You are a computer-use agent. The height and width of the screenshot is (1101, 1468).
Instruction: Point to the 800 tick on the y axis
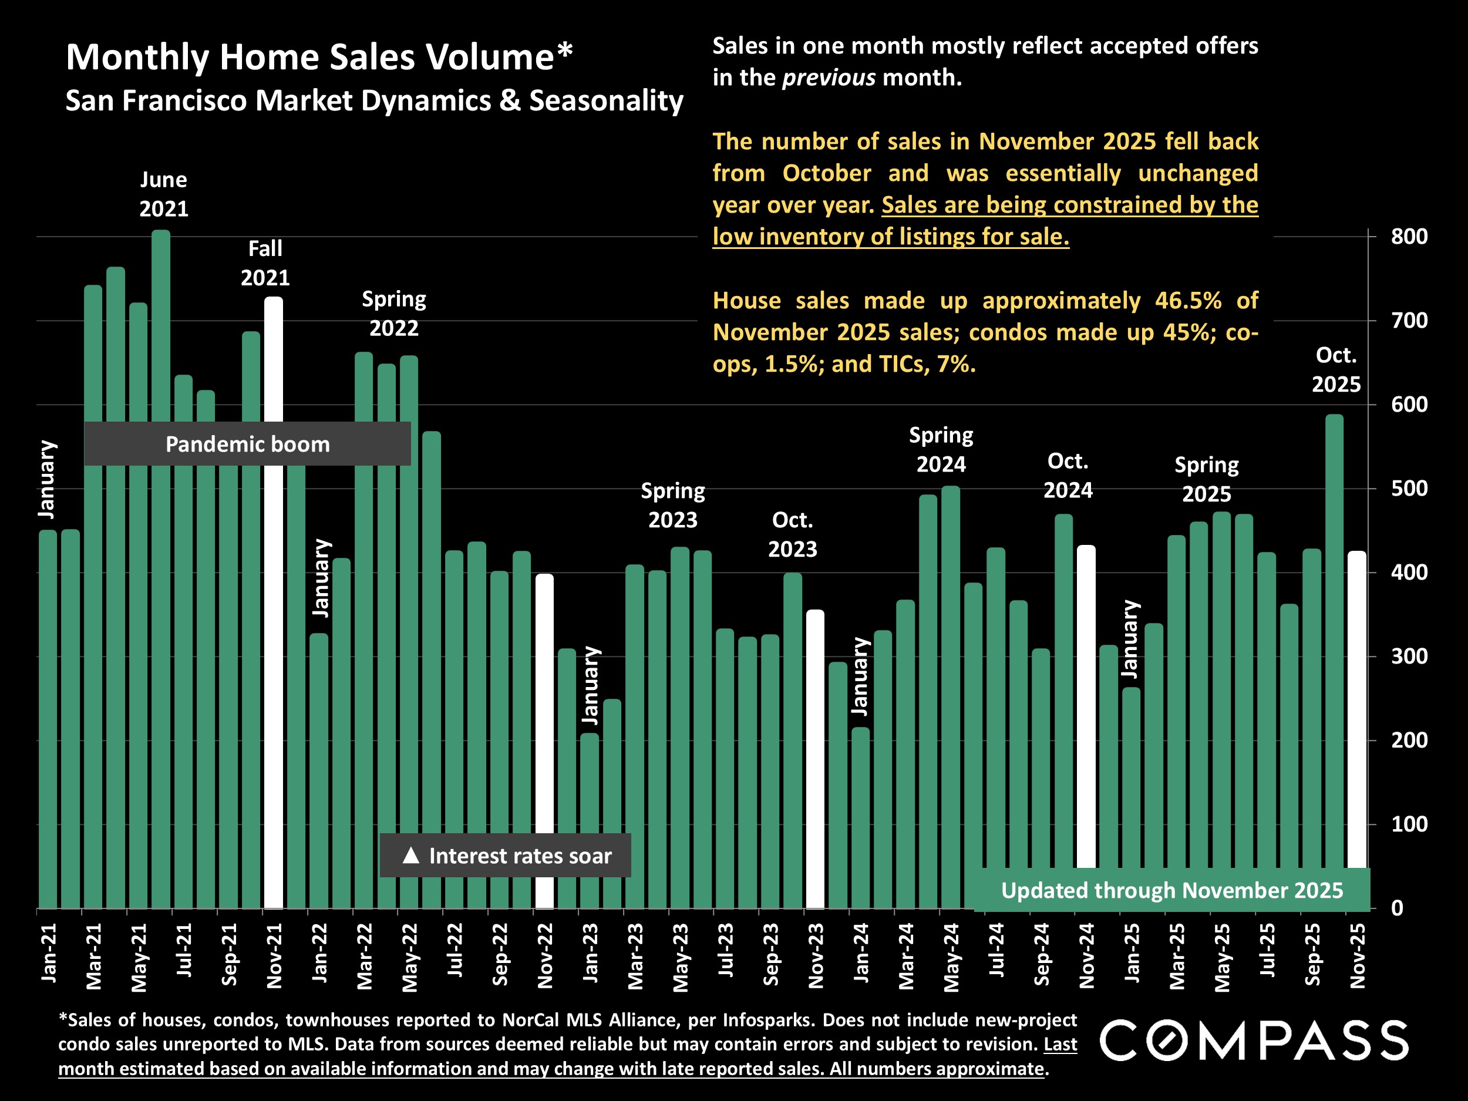pos(1409,236)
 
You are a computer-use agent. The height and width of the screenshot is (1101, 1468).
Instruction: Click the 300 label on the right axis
pos(1409,656)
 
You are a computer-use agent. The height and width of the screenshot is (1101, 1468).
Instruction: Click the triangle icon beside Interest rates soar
pos(411,856)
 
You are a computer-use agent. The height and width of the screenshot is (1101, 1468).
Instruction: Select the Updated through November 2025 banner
pos(1171,890)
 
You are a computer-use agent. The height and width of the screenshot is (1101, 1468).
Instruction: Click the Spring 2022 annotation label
pos(393,313)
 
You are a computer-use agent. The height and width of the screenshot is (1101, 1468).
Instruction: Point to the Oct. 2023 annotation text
pos(792,534)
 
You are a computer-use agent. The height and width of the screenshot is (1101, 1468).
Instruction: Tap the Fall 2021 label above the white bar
pos(265,263)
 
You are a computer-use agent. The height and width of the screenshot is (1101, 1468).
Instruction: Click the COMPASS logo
pos(1254,1041)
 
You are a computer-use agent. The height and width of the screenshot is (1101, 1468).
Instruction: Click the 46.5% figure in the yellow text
pos(1187,301)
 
